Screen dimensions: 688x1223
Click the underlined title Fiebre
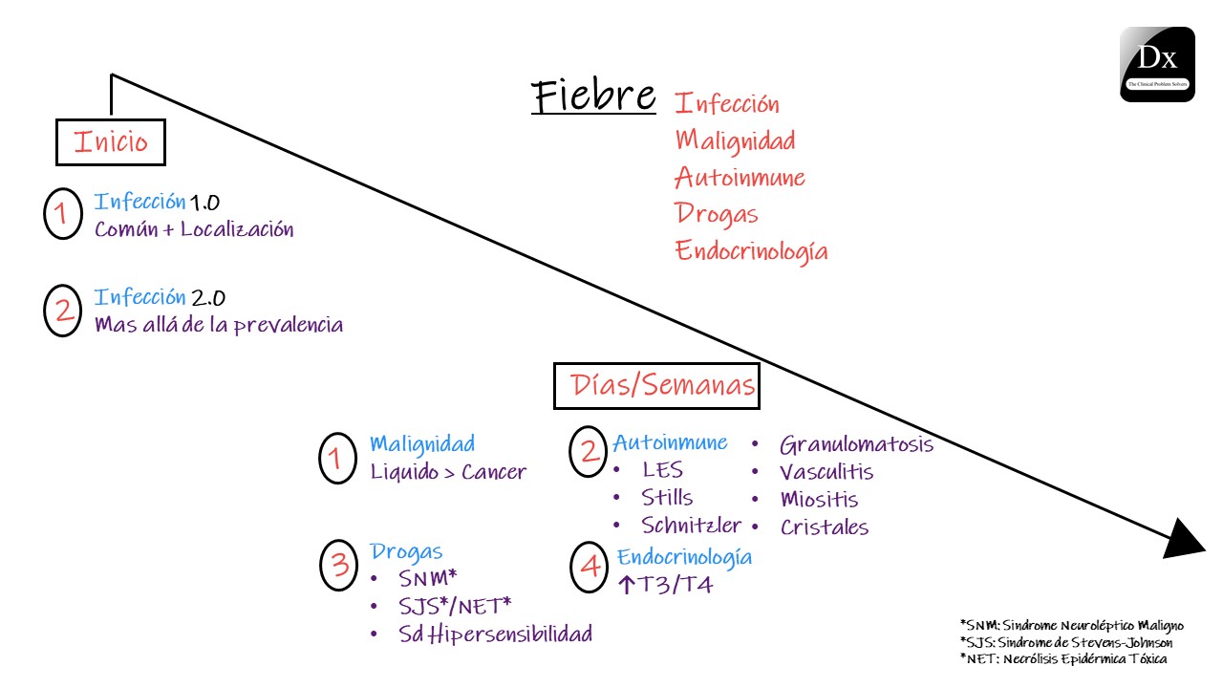point(593,97)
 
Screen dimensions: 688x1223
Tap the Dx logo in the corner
point(1157,64)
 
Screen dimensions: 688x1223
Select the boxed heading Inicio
point(111,142)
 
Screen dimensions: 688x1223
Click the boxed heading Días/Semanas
point(656,385)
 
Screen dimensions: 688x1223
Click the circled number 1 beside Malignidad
point(336,458)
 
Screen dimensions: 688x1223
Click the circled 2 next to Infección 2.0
point(64,310)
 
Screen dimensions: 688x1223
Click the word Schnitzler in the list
point(691,526)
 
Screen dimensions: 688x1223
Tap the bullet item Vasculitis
point(826,472)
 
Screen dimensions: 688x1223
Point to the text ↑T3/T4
point(665,585)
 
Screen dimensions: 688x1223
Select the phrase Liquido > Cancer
point(448,472)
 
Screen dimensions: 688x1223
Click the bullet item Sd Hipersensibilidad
point(496,634)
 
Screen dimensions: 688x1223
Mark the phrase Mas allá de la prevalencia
point(219,324)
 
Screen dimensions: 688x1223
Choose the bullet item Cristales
point(825,527)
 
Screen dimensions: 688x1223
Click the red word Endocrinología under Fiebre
point(751,251)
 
